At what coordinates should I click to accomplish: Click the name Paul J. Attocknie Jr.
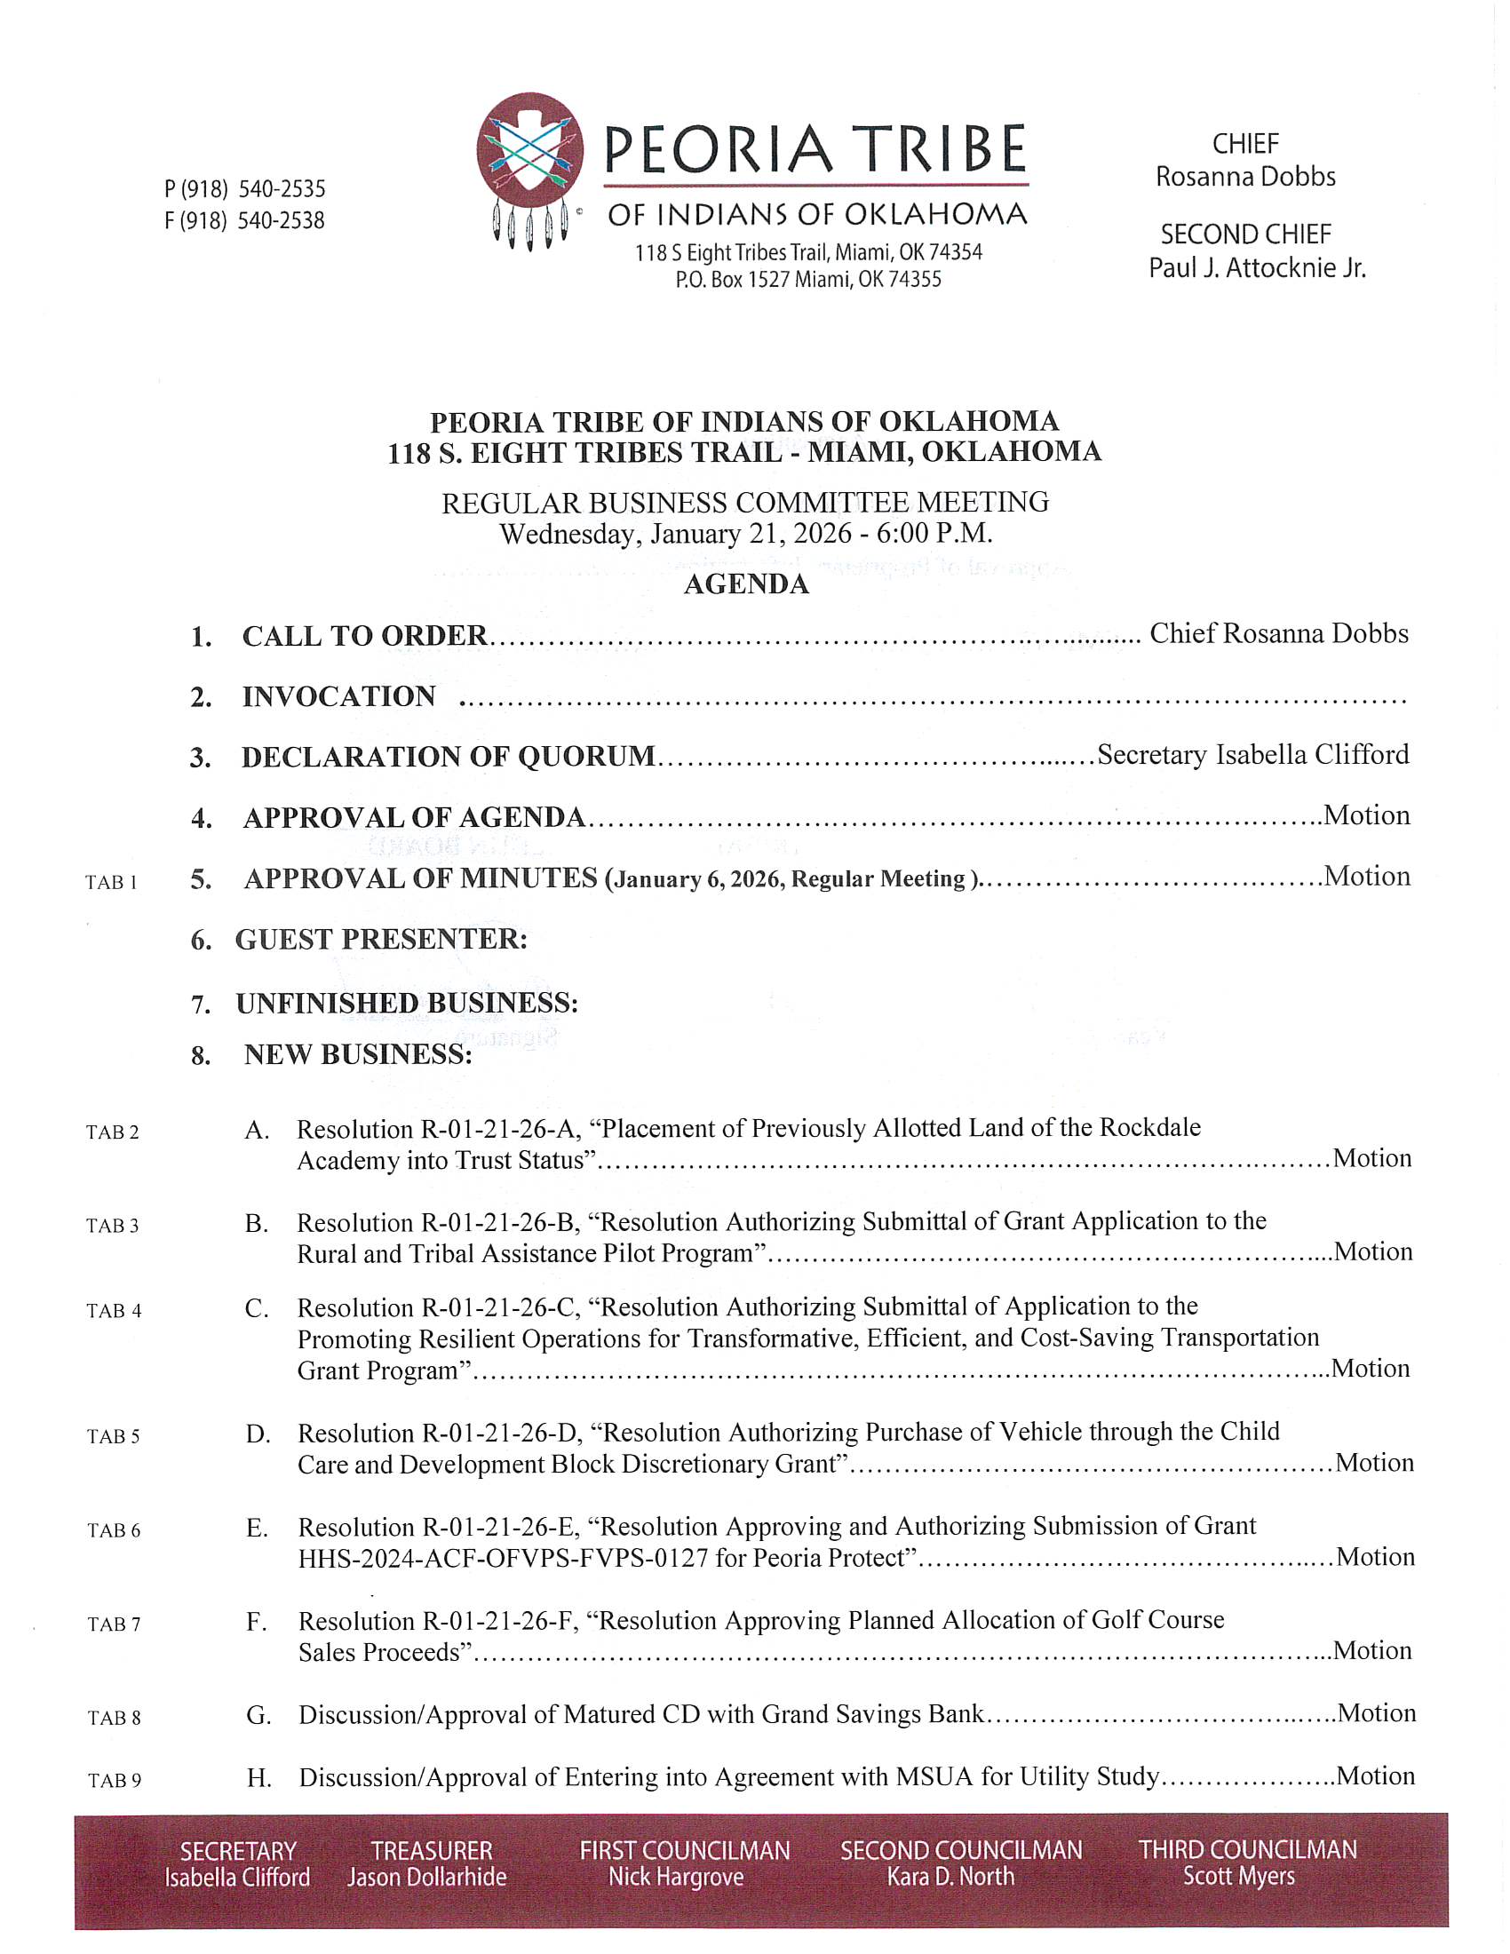pos(1256,267)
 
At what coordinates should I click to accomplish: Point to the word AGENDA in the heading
pos(746,584)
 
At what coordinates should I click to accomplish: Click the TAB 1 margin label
pos(111,883)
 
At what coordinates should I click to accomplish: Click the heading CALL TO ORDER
pos(365,636)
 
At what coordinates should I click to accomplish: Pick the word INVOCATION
pos(339,696)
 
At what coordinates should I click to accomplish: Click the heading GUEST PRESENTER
pos(381,940)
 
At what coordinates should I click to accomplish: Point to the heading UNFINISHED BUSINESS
pos(407,1003)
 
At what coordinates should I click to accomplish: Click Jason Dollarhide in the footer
pos(426,1877)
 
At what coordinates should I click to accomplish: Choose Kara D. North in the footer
pos(950,1876)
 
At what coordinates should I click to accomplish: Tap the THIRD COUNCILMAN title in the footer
pos(1247,1849)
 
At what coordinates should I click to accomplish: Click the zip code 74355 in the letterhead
pos(914,280)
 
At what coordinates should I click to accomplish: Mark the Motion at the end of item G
pos(1376,1713)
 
